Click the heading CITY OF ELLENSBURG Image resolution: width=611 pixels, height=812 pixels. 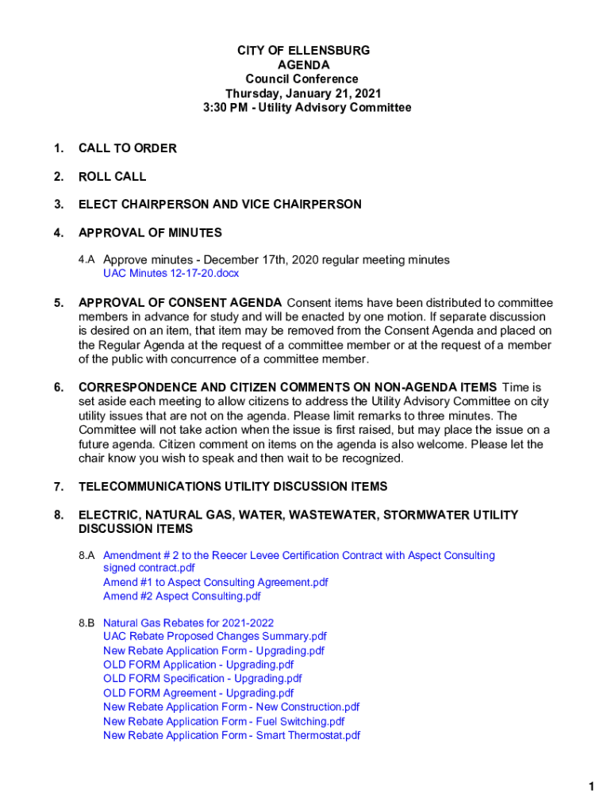[303, 51]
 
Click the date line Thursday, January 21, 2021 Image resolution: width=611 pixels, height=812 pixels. [303, 94]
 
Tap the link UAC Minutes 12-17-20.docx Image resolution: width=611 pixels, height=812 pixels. [171, 274]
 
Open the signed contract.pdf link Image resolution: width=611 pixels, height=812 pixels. [148, 568]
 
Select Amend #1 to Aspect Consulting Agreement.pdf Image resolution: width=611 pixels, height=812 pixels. [215, 582]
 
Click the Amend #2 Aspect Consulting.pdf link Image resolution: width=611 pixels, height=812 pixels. [182, 596]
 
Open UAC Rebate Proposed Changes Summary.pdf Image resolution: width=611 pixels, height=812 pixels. [214, 636]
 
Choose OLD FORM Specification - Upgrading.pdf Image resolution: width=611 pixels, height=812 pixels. [202, 678]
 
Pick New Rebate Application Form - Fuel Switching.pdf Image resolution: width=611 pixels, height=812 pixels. [224, 721]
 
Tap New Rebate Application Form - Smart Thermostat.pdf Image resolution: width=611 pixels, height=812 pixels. [232, 735]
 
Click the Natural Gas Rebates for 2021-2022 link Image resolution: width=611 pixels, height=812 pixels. [188, 622]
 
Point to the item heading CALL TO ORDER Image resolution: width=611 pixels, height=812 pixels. [127, 148]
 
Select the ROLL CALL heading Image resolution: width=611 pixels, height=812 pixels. [112, 176]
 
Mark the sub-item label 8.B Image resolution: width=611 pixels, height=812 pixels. [86, 622]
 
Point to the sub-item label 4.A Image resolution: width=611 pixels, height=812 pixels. [86, 260]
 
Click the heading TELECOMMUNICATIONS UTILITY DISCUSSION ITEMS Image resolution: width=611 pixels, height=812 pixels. [232, 486]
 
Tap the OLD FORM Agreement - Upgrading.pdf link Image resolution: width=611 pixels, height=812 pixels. [198, 692]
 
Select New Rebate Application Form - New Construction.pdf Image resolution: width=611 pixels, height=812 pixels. [231, 707]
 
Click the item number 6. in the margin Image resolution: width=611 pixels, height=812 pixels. [59, 387]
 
